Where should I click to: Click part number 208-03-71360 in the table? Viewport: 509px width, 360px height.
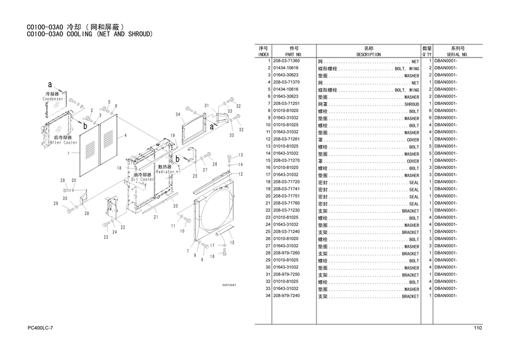click(x=286, y=61)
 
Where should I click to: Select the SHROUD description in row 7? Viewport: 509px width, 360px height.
click(x=411, y=104)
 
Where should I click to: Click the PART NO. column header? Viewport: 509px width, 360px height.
click(x=294, y=54)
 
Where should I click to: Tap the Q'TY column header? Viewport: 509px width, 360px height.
click(x=427, y=54)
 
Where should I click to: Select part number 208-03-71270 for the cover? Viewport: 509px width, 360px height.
click(x=286, y=161)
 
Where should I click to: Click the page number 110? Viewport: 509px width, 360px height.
click(x=477, y=328)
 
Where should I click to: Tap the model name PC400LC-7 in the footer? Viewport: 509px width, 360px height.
click(x=41, y=328)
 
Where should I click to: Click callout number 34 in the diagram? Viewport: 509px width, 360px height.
click(x=178, y=115)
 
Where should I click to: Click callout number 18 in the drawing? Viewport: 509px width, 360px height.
click(x=119, y=168)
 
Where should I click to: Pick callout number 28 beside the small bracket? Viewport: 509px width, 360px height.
click(x=87, y=213)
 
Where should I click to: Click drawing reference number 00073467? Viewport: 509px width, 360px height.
click(x=229, y=284)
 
